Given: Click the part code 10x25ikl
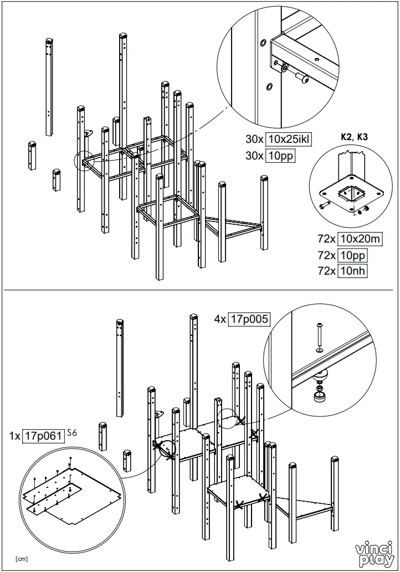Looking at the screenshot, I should [288, 140].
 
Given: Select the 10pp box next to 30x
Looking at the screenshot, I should [280, 156].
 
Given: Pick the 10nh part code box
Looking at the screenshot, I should [353, 271].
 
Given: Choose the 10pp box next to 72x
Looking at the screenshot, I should [353, 255].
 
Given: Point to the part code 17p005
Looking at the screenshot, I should [249, 319].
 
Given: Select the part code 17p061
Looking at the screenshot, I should [43, 435].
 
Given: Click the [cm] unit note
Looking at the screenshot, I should [22, 559].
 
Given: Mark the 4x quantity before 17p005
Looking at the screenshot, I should [220, 319].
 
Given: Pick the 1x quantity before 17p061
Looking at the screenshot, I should [15, 436].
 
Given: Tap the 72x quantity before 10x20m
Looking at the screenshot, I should [327, 239].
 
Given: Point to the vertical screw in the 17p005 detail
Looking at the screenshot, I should [320, 336].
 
